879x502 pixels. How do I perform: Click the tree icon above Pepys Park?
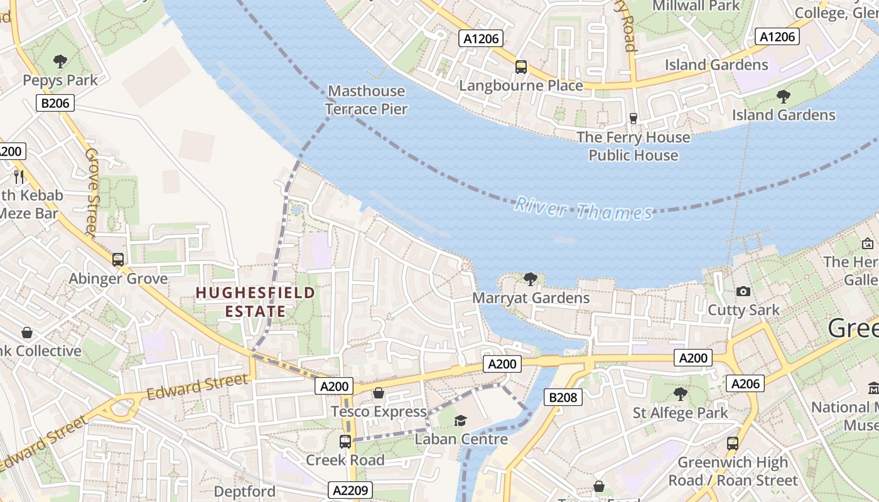pyautogui.click(x=60, y=61)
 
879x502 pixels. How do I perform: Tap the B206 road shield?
pyautogui.click(x=55, y=104)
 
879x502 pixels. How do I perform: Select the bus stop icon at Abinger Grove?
pyautogui.click(x=117, y=259)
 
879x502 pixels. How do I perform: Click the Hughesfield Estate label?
pyautogui.click(x=255, y=302)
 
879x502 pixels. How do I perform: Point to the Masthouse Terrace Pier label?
pyautogui.click(x=367, y=100)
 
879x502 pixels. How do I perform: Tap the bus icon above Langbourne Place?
pyautogui.click(x=520, y=67)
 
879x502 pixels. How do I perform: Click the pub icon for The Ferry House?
pyautogui.click(x=633, y=118)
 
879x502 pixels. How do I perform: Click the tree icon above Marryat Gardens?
pyautogui.click(x=531, y=279)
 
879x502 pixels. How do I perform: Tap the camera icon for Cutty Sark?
pyautogui.click(x=743, y=291)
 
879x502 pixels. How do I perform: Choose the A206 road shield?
pyautogui.click(x=745, y=383)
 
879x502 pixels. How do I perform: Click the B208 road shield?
pyautogui.click(x=563, y=397)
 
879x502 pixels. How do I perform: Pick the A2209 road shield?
pyautogui.click(x=350, y=490)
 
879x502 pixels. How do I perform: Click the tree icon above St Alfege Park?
pyautogui.click(x=680, y=394)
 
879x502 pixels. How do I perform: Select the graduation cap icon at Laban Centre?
pyautogui.click(x=461, y=420)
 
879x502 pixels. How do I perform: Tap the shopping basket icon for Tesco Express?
pyautogui.click(x=379, y=393)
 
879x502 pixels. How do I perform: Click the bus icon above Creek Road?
pyautogui.click(x=345, y=441)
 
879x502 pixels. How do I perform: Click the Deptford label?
pyautogui.click(x=244, y=491)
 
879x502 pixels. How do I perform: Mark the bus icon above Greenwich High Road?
pyautogui.click(x=732, y=443)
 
